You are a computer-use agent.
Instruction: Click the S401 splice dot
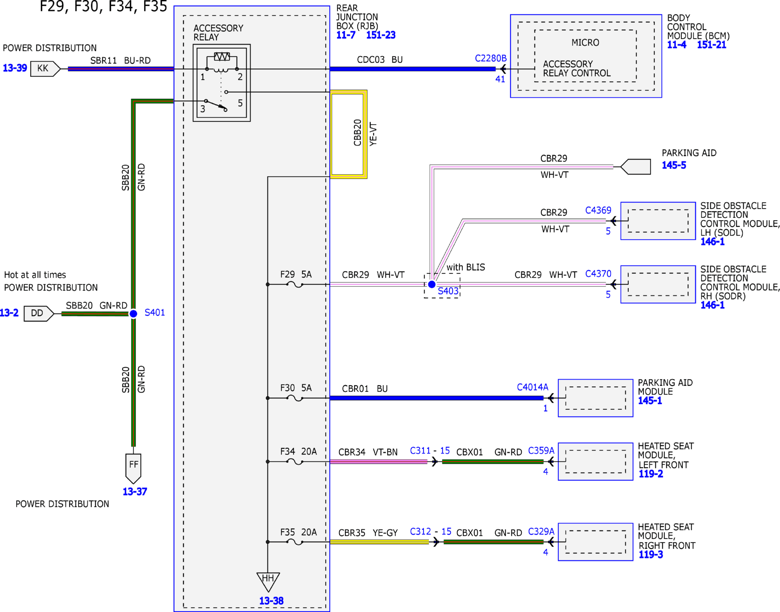tap(133, 314)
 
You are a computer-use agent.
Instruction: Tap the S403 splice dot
tap(432, 284)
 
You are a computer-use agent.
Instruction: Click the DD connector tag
tap(39, 314)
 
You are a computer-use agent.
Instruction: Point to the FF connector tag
tap(133, 468)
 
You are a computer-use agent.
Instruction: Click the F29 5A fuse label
tap(296, 274)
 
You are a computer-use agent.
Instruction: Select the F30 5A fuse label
tap(296, 388)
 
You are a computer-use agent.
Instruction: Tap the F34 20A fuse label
tap(298, 452)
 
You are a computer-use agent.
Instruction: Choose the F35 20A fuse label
tap(298, 532)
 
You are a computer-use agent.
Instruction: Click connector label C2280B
tap(491, 58)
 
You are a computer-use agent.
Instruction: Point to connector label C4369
tap(598, 210)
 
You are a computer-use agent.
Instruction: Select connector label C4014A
tap(532, 387)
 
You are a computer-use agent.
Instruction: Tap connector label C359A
tap(541, 450)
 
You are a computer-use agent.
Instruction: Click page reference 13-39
tap(15, 68)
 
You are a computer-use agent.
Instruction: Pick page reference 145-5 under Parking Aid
tap(674, 165)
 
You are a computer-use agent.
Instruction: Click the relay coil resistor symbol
tap(222, 56)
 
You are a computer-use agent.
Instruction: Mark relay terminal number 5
tap(240, 103)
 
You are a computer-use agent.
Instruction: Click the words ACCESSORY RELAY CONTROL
tap(577, 68)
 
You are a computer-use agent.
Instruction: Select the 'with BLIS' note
tap(465, 267)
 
